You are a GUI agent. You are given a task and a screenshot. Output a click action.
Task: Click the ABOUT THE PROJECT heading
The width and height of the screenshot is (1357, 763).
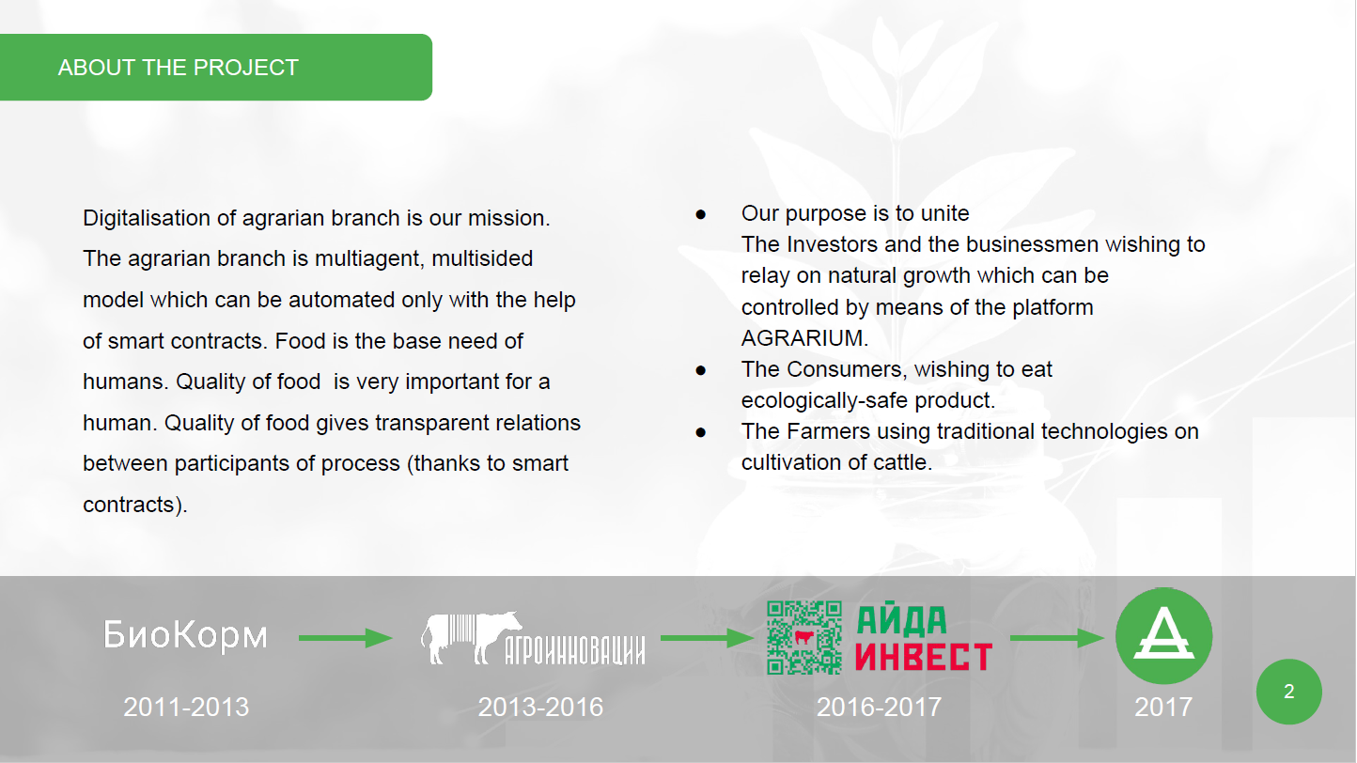pyautogui.click(x=179, y=68)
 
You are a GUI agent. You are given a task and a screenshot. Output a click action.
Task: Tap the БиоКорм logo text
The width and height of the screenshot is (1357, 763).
pyautogui.click(x=185, y=634)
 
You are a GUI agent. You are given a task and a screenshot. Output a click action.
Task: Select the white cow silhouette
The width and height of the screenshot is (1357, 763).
pyautogui.click(x=472, y=637)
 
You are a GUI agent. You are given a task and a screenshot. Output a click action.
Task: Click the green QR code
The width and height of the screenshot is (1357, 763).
pyautogui.click(x=803, y=638)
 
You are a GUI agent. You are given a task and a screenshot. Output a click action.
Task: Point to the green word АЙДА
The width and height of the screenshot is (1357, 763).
pyautogui.click(x=901, y=621)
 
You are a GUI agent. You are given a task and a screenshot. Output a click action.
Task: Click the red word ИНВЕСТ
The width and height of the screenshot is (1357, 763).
pyautogui.click(x=924, y=656)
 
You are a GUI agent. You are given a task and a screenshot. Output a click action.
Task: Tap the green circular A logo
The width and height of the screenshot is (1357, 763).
pyautogui.click(x=1163, y=636)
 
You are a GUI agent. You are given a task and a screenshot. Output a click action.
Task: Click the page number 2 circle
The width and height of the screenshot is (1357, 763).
pyautogui.click(x=1289, y=692)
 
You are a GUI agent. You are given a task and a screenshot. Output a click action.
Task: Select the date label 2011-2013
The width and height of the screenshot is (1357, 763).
pyautogui.click(x=186, y=707)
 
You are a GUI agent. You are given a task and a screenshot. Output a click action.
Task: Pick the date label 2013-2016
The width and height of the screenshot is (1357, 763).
pyautogui.click(x=540, y=707)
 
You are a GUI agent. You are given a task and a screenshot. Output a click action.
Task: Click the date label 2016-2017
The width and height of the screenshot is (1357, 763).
pyautogui.click(x=879, y=707)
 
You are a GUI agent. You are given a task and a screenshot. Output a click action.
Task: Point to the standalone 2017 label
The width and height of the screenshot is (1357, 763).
pyautogui.click(x=1163, y=707)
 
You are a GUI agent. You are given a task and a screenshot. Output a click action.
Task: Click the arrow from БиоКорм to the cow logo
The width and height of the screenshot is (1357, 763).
pyautogui.click(x=345, y=638)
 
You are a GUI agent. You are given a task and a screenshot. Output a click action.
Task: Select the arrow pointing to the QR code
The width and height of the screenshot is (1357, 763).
pyautogui.click(x=707, y=638)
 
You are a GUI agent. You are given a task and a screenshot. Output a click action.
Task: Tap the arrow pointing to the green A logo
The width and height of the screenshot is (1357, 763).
pyautogui.click(x=1057, y=638)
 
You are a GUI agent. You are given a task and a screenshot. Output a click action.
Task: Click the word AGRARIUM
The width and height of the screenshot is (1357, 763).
pyautogui.click(x=804, y=338)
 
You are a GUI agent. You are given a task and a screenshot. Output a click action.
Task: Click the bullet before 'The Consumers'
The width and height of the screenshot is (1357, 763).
pyautogui.click(x=701, y=370)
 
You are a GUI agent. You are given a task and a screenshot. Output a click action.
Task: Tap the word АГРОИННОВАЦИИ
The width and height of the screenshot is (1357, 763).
pyautogui.click(x=575, y=649)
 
